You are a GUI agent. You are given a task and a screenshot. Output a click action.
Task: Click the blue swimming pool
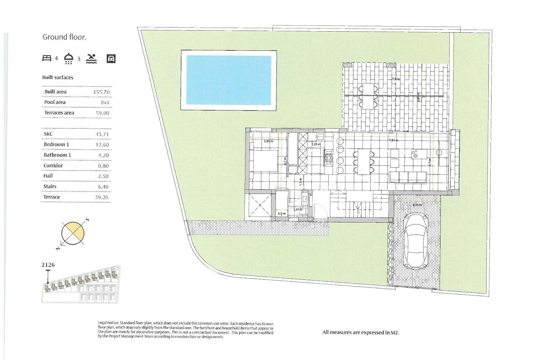229,80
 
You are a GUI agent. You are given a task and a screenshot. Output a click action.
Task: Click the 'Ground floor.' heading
64,37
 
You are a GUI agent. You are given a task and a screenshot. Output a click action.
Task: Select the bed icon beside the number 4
47,58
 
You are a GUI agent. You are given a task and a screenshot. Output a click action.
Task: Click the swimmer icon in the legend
91,58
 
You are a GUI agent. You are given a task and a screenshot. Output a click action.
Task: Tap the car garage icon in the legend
111,58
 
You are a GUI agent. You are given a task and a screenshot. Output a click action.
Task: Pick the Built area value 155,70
101,92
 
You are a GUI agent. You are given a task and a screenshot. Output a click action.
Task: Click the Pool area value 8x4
105,103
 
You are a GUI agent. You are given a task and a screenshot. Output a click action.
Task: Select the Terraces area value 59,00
102,113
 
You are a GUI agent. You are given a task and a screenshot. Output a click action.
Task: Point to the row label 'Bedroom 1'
56,144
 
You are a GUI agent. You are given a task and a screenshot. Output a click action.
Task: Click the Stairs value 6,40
102,187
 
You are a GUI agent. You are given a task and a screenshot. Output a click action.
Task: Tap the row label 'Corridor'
53,165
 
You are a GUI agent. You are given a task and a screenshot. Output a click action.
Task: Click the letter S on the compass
87,219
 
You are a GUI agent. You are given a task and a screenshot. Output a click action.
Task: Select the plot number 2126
48,265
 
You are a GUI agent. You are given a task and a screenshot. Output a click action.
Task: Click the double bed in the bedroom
264,161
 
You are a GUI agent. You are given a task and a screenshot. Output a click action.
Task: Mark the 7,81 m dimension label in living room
393,140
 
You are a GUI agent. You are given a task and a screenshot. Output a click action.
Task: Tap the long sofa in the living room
408,177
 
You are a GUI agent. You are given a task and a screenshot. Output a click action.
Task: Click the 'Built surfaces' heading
58,77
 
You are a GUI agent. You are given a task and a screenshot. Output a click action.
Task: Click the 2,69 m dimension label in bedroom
268,141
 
